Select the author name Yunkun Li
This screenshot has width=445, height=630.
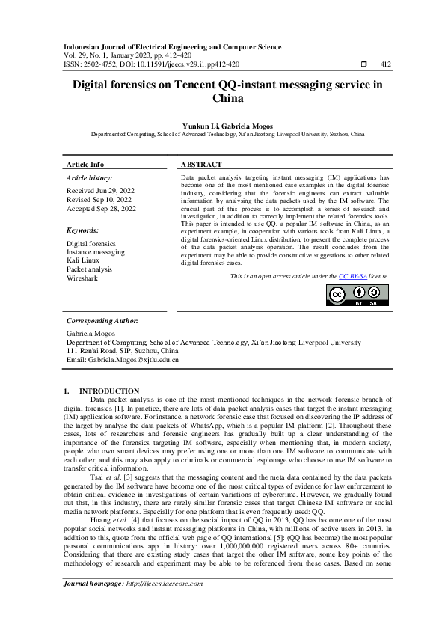(197, 126)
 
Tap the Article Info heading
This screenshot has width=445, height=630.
(86, 164)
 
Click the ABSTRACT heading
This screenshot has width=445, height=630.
(202, 164)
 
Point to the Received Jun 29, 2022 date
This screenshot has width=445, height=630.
(102, 191)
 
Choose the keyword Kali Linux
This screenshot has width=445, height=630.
(84, 260)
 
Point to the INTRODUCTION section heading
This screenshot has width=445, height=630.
(109, 391)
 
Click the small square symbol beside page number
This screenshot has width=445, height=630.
(363, 64)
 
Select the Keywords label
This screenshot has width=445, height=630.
(82, 231)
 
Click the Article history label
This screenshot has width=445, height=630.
(88, 178)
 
